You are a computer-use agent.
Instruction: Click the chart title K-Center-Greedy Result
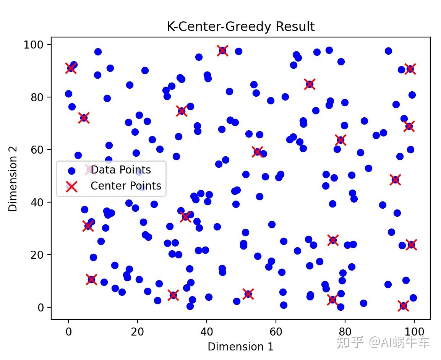pyautogui.click(x=240, y=27)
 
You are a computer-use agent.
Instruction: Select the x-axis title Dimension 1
pyautogui.click(x=240, y=346)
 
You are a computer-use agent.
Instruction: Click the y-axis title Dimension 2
pyautogui.click(x=13, y=178)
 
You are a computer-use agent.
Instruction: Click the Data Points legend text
pyautogui.click(x=121, y=170)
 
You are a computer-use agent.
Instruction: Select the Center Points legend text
pyautogui.click(x=126, y=186)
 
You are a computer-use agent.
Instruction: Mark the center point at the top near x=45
pyautogui.click(x=222, y=50)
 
